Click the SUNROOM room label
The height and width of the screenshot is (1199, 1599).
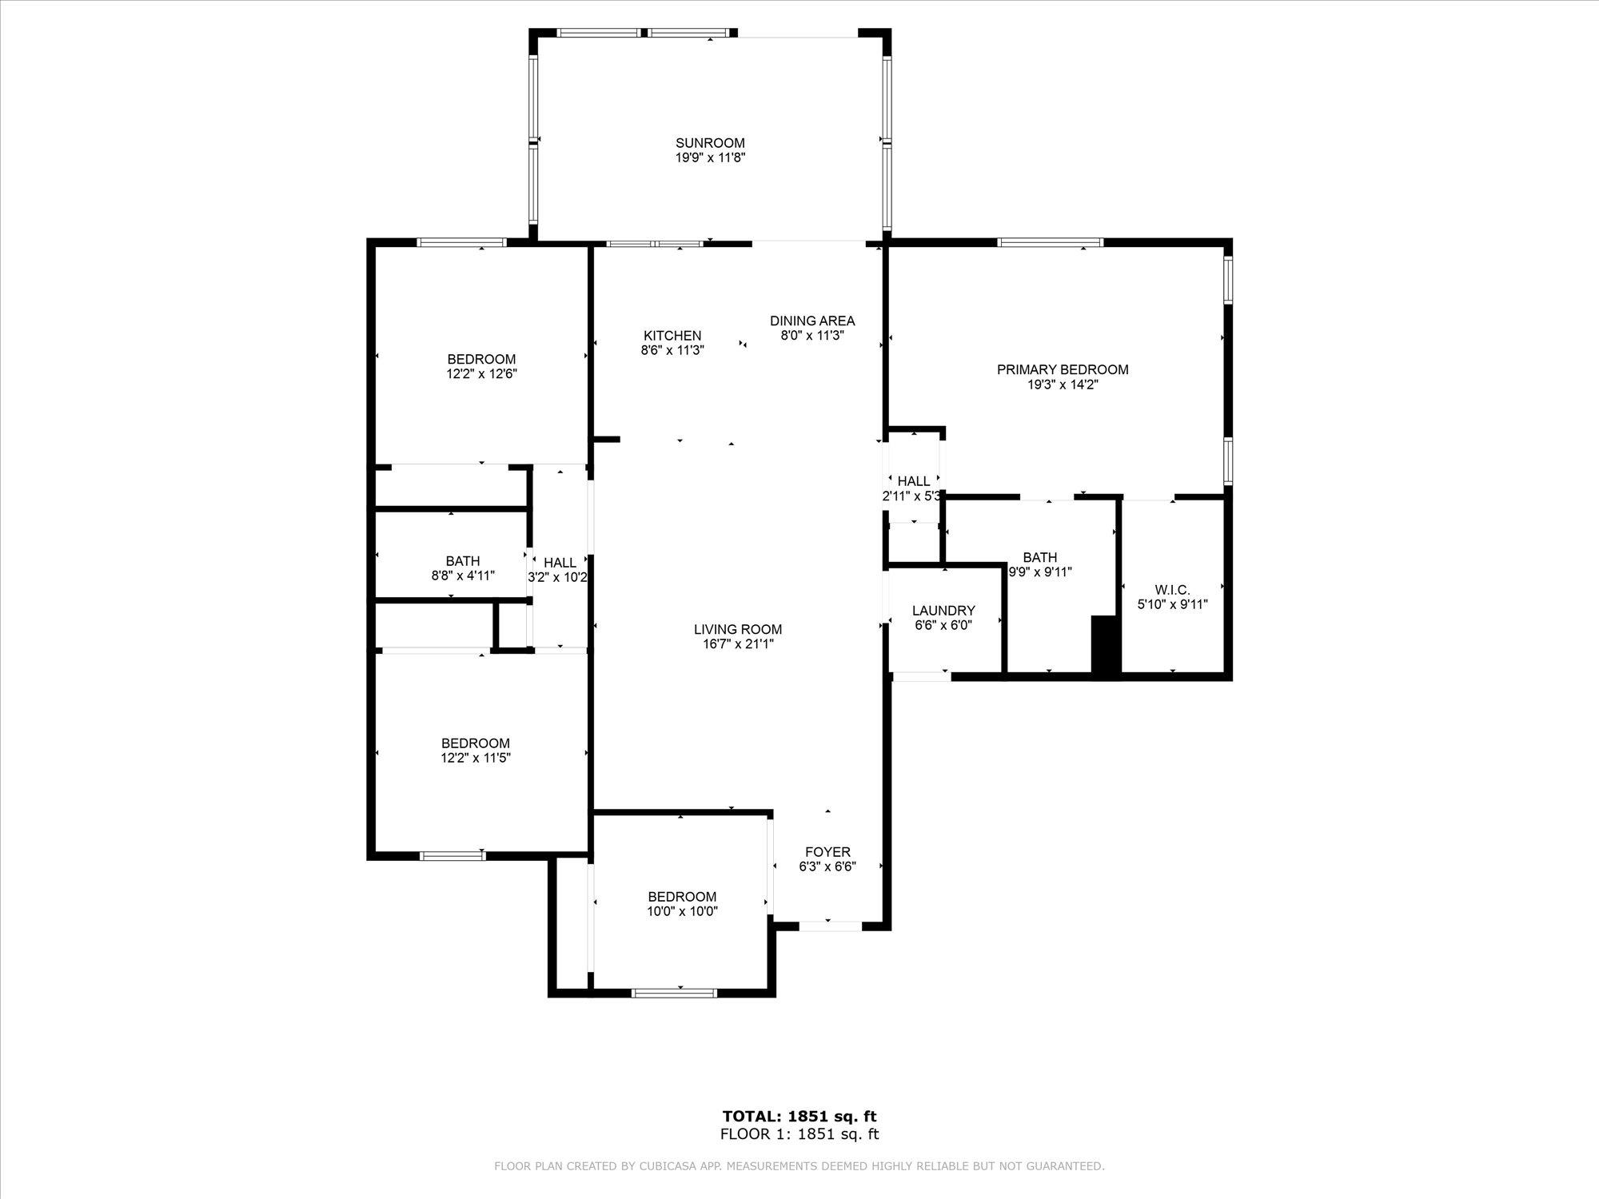pos(710,143)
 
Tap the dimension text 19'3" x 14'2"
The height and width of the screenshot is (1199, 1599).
pos(1063,384)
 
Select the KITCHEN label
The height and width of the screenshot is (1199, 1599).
pos(672,336)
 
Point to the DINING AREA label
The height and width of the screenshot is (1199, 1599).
pos(812,321)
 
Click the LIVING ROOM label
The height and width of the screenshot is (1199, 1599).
pos(737,629)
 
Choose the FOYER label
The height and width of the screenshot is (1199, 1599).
pos(827,852)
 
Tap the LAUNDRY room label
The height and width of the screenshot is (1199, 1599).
pos(943,611)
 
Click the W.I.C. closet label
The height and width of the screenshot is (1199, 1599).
pos(1172,590)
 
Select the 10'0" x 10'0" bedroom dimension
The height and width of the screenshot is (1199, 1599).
pos(682,911)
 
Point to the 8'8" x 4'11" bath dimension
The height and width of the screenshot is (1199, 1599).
pos(463,576)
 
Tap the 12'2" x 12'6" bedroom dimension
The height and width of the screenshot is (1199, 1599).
pos(481,373)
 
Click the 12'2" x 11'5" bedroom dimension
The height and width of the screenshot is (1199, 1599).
pos(476,758)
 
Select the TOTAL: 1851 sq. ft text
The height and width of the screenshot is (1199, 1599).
pos(799,1117)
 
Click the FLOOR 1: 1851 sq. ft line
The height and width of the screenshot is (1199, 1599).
pos(799,1134)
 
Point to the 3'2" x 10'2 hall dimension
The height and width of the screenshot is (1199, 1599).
pos(558,577)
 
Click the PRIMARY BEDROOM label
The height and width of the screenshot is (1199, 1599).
pos(1063,369)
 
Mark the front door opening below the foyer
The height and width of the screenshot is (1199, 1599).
pos(830,926)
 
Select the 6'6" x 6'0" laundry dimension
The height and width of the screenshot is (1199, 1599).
pos(943,626)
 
